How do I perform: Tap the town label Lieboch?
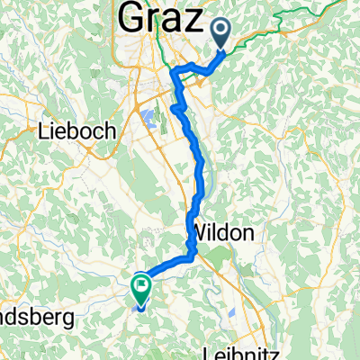click(77, 131)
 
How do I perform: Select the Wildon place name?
click(221, 232)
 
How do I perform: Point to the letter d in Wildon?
click(225, 232)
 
